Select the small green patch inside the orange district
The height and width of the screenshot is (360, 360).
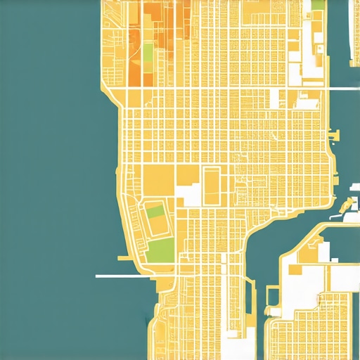pyautogui.click(x=148, y=52)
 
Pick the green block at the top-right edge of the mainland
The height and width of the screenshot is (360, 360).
pyautogui.click(x=318, y=4)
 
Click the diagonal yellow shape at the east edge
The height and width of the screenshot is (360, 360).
pyautogui.click(x=347, y=206)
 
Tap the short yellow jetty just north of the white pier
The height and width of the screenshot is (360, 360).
pyautogui.click(x=124, y=259)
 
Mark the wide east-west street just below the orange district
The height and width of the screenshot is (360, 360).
pyautogui.click(x=211, y=89)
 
